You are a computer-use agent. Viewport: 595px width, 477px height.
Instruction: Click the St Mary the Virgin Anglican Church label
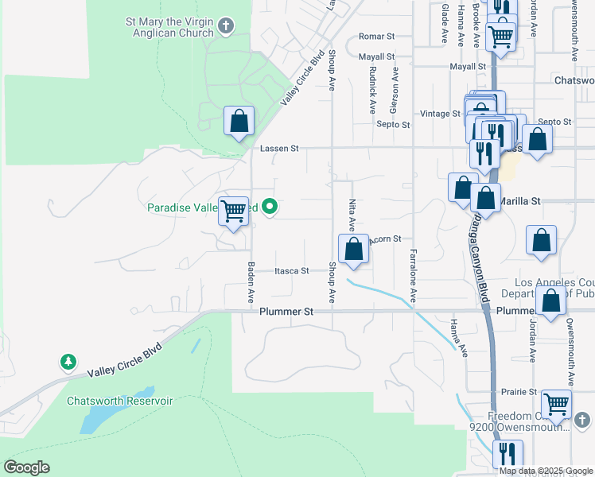coord(169,27)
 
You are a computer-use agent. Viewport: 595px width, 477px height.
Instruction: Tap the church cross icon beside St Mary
coord(226,26)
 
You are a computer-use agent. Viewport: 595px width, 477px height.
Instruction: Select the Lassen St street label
coord(278,149)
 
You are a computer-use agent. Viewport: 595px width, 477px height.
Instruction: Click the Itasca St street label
coord(292,271)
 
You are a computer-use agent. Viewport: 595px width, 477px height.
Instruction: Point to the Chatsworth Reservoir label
coord(119,401)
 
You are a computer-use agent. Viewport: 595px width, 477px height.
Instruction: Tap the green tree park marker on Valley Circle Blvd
coord(69,363)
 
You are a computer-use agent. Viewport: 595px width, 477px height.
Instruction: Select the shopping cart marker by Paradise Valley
coord(234,211)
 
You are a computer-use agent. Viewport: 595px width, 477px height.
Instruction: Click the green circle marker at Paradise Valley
coord(270,208)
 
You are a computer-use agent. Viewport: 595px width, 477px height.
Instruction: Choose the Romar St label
coord(376,37)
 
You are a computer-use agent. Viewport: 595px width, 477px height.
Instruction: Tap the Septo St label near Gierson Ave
coord(393,125)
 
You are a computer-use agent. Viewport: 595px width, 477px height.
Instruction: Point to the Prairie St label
coord(519,392)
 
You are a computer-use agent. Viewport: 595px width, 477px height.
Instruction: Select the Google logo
coord(27,467)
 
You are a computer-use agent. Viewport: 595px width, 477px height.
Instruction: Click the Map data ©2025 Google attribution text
coord(545,471)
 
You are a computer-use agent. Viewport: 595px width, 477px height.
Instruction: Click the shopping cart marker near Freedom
coord(556,404)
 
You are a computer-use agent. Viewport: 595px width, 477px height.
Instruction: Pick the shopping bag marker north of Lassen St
coord(239,122)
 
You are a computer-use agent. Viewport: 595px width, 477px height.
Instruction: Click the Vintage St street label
coord(441,114)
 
